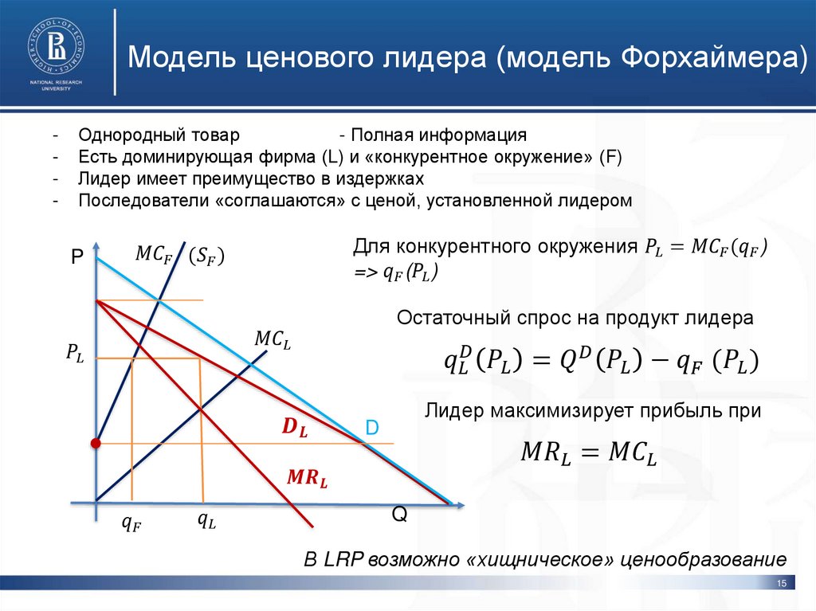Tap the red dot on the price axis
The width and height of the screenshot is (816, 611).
pos(95,443)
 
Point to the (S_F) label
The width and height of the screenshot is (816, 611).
pos(206,256)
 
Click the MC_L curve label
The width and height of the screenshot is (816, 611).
pos(273,339)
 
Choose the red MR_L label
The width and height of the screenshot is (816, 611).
pos(308,479)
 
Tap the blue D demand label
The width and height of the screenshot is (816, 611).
pos(371,429)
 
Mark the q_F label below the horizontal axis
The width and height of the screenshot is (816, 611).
pos(131,523)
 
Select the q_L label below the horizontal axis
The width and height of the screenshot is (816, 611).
pos(207,522)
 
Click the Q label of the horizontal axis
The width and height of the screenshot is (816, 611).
pos(399,515)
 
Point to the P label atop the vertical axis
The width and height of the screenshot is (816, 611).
pos(76,257)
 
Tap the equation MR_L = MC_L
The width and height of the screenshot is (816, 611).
pos(589,452)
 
